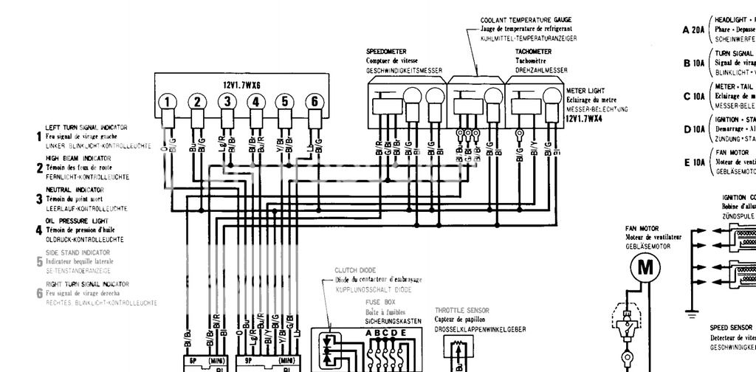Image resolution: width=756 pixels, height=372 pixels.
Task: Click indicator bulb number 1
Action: [169, 102]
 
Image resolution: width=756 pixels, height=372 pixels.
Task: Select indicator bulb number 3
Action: [228, 102]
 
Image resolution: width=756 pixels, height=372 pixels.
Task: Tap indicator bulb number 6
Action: [315, 102]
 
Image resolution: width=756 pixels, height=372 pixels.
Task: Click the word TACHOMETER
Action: [534, 52]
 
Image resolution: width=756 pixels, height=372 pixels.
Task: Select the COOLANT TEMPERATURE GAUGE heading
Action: [526, 20]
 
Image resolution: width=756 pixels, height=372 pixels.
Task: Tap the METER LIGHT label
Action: [586, 92]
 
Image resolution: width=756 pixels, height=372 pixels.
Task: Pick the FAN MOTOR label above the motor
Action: [642, 229]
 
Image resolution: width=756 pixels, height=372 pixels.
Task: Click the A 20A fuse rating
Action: [694, 30]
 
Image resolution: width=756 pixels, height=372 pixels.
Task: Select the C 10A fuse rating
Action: [694, 96]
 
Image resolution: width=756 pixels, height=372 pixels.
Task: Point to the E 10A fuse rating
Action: [694, 162]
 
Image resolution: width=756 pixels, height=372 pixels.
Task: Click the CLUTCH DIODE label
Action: [355, 270]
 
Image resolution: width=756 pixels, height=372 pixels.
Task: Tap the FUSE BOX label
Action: [381, 302]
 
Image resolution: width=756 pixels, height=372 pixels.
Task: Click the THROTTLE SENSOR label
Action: [462, 311]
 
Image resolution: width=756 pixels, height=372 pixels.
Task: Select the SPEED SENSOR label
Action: [731, 327]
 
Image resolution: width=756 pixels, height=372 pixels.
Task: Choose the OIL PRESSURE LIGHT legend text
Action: [77, 220]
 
